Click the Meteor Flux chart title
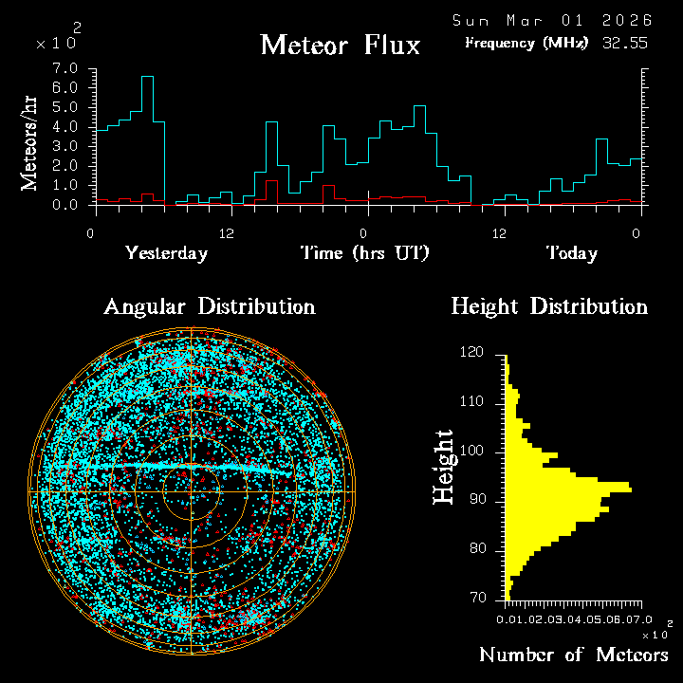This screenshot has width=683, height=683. pos(340,45)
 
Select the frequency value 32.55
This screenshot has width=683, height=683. pos(625,43)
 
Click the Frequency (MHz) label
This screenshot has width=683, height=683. pos(526,43)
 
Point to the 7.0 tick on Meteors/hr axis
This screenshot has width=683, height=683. pos(65,69)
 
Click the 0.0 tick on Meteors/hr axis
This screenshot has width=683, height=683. pos(65,204)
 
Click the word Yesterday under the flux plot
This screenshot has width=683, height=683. pos(166,253)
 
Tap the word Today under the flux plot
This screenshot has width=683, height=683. pos(571,253)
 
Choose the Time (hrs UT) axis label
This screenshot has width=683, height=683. pos(365,253)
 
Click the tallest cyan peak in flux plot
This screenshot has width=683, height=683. pos(147,77)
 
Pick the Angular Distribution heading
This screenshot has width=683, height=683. pos(209,306)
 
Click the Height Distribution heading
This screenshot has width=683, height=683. pos(549,306)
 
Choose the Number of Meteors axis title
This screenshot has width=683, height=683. pos(573,655)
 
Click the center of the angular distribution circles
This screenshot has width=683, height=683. pos(191,490)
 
